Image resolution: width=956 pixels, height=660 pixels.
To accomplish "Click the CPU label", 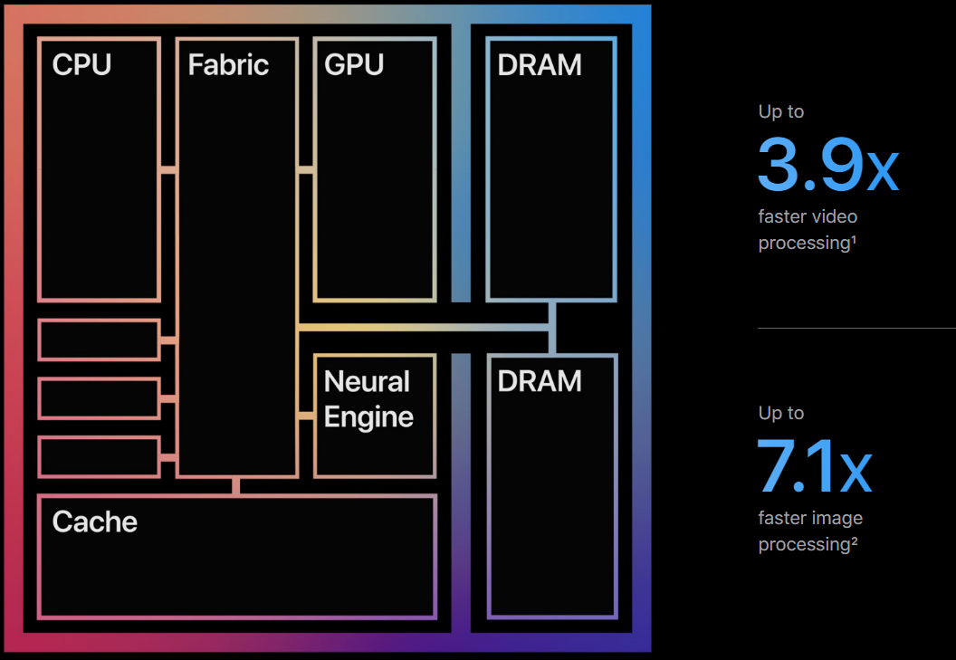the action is point(81,64).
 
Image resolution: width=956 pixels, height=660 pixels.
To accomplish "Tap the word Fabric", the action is point(228,64).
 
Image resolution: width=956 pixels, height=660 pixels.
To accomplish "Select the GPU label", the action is point(354,64).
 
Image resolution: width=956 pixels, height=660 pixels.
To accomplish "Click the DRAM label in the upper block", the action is point(540,64).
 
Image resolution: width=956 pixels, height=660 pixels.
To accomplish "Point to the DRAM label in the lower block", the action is point(540,381).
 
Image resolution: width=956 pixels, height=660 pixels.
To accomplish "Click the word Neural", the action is point(367,382).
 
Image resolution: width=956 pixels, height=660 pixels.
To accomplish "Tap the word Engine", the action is point(368,417).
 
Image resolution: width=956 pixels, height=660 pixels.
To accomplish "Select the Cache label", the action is point(95,521).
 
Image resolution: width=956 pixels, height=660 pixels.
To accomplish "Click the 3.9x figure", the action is point(828,164).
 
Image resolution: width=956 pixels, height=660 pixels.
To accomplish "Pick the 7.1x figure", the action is point(815,465).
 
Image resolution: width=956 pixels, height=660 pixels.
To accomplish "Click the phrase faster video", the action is point(808,216).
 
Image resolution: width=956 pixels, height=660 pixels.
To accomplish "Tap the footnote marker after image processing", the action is point(855,540).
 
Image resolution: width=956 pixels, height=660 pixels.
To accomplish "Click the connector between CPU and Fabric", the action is point(168,169).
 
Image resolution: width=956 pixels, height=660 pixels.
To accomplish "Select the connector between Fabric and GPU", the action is point(306,169).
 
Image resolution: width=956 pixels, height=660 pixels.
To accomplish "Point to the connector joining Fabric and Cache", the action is point(236,486).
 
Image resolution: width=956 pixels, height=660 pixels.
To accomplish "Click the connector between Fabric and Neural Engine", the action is point(306,416).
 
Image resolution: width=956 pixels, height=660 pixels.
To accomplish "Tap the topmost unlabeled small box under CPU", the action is point(100,340).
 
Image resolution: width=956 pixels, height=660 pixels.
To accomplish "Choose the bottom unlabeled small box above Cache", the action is point(100,457).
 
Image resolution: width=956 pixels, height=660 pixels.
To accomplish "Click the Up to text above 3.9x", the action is point(781,111).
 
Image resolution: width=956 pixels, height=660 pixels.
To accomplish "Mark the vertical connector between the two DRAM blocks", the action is point(552,328).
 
